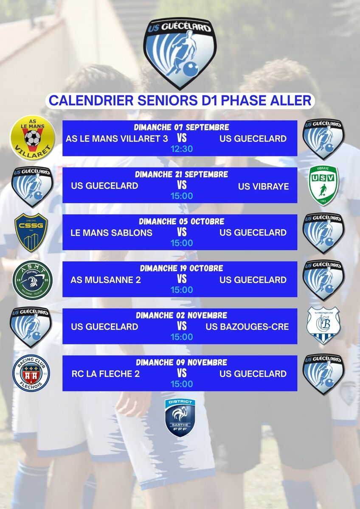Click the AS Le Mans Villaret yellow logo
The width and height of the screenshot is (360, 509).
[33, 137]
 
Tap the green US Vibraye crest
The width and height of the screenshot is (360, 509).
[323, 185]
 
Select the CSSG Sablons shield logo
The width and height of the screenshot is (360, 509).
[31, 232]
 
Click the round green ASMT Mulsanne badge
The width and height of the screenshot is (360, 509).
[32, 280]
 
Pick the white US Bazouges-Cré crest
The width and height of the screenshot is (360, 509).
[323, 326]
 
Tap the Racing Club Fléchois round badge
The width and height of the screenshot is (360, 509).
[31, 373]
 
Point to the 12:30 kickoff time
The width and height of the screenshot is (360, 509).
[182, 149]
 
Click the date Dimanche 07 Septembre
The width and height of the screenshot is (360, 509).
[181, 127]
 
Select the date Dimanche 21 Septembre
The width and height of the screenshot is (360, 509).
[181, 174]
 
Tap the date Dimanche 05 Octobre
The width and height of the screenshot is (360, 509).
[181, 221]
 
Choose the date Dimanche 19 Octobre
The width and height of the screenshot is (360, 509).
[181, 268]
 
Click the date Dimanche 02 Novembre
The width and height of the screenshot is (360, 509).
[181, 316]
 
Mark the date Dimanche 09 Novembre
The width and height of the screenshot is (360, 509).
[181, 362]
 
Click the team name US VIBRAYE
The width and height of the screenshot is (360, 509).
[263, 187]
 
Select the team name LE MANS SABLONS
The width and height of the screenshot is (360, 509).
[111, 233]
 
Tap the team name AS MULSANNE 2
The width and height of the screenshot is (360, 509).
[106, 280]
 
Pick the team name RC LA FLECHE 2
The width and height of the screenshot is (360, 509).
[106, 374]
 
